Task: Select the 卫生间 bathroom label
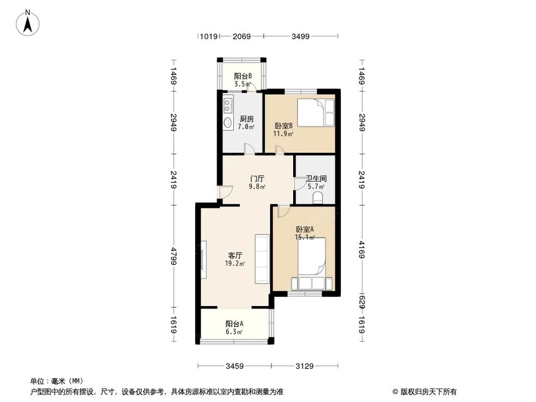coord(316,178)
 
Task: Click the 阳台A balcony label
coord(234,324)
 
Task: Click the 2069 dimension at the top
coord(242,36)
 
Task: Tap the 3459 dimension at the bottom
coord(235,366)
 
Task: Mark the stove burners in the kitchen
coord(227,103)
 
